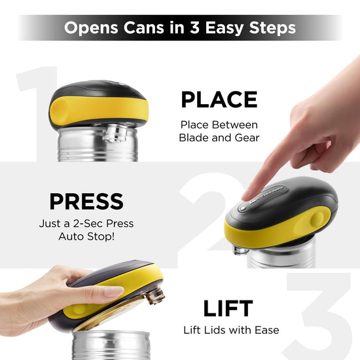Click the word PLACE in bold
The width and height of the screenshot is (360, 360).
pyautogui.click(x=219, y=99)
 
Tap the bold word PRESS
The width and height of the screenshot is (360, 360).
pyautogui.click(x=86, y=202)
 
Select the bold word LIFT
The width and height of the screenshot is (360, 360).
pyautogui.click(x=228, y=308)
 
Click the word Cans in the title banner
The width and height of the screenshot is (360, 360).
pyautogui.click(x=143, y=27)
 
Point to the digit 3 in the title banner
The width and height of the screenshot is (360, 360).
pyautogui.click(x=194, y=27)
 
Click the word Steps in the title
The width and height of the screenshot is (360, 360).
pyautogui.click(x=272, y=28)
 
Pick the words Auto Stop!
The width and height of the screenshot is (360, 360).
pyautogui.click(x=86, y=236)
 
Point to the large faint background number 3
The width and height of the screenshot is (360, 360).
pyautogui.click(x=319, y=317)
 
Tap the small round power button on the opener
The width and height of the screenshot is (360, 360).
pyautogui.click(x=242, y=208)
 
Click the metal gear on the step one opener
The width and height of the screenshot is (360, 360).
pyautogui.click(x=115, y=133)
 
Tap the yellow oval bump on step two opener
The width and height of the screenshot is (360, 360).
pyautogui.click(x=317, y=219)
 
